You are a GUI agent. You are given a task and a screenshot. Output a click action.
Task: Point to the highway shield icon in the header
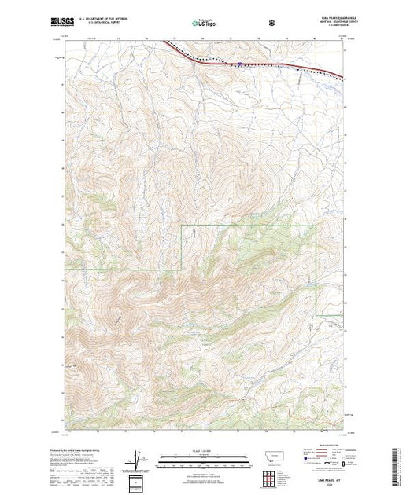[x=271, y=24]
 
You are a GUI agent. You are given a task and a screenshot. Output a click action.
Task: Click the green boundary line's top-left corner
[x=183, y=225]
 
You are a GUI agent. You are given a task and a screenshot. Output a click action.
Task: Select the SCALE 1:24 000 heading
[x=204, y=451]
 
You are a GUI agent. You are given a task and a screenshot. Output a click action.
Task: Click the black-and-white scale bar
[x=204, y=457]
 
